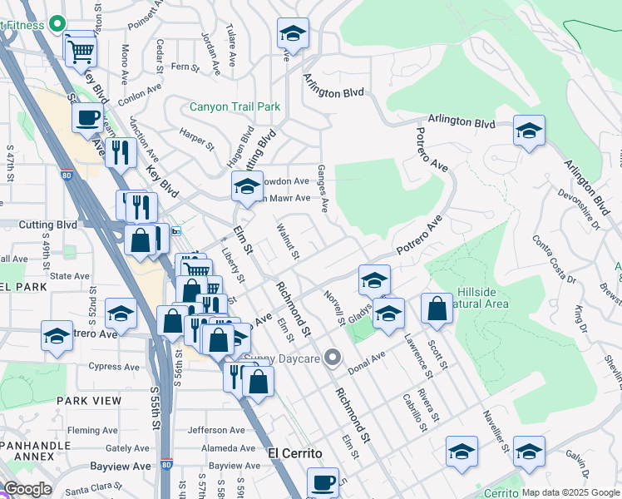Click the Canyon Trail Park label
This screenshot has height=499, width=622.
(234, 106)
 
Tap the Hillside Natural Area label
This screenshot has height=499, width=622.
(483, 299)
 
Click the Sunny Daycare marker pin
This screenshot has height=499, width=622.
(333, 358)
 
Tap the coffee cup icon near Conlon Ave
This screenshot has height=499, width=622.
(88, 117)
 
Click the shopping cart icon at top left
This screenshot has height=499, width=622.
(81, 51)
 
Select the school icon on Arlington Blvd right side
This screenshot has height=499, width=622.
(529, 131)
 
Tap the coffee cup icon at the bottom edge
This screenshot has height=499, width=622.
(323, 482)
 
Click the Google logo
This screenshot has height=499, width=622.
(27, 488)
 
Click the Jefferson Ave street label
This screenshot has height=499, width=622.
(217, 430)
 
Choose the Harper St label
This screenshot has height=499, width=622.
(197, 137)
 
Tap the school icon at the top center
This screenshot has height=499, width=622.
(293, 34)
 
